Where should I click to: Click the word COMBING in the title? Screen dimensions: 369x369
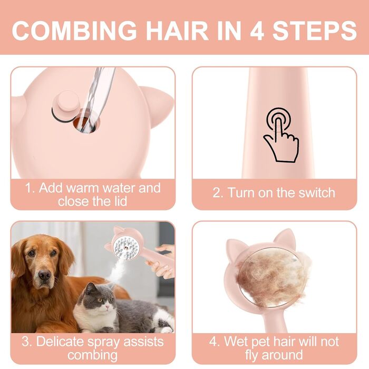(74, 31)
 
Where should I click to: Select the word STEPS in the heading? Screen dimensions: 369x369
(315, 31)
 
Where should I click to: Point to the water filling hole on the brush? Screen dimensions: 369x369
(86, 122)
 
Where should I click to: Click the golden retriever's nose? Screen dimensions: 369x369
(44, 275)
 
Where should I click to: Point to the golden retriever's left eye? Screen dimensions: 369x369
(53, 253)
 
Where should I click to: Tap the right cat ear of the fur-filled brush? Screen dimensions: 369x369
(286, 237)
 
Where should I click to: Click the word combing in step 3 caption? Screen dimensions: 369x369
(92, 355)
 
